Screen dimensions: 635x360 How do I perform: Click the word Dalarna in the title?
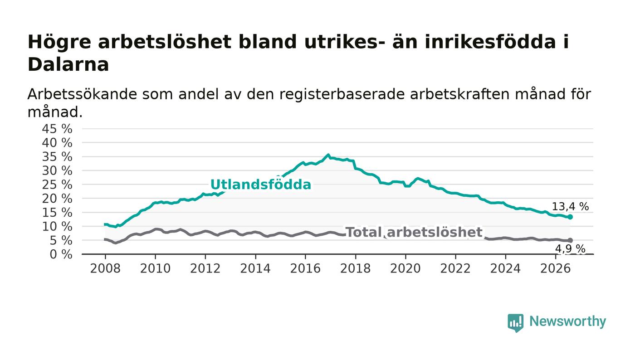[68, 64]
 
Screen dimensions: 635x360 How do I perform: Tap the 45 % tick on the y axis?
[57, 129]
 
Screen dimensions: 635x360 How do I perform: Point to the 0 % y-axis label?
[61, 254]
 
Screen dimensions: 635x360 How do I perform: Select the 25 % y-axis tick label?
[57, 185]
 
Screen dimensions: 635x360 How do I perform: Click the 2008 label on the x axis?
[105, 268]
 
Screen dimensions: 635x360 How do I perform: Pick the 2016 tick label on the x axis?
[305, 268]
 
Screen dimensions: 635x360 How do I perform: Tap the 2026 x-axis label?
[555, 268]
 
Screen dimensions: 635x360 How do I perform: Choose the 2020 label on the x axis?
[405, 268]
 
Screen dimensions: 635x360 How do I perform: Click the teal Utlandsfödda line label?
[260, 185]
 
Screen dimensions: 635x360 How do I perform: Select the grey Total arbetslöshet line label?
[414, 232]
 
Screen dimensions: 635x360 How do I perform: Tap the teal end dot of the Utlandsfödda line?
[570, 217]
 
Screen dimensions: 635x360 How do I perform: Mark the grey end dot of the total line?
[570, 240]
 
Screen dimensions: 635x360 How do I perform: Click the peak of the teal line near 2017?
[328, 155]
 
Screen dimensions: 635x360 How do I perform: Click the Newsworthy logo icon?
[515, 323]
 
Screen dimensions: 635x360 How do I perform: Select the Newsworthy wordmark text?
[567, 321]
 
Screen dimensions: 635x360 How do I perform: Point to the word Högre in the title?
[59, 43]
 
